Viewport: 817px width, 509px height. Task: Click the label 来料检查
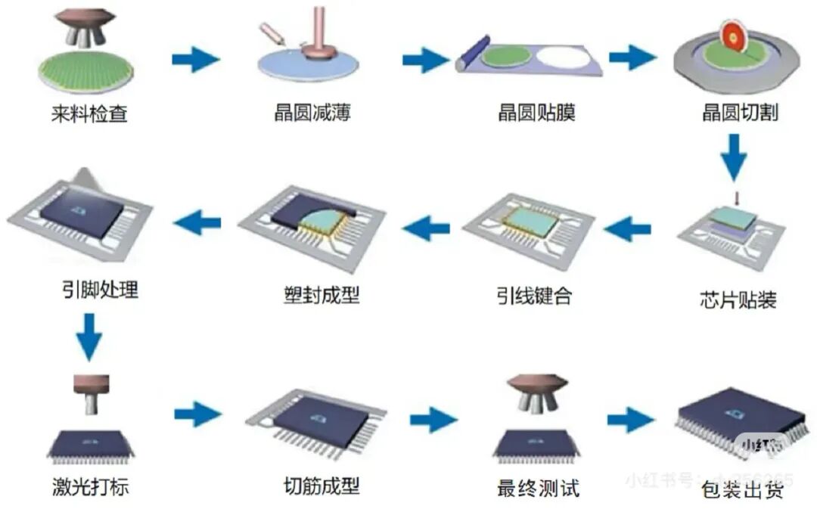click(89, 115)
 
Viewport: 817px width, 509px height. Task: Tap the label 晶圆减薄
click(312, 114)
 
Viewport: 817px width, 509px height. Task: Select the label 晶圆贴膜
click(536, 114)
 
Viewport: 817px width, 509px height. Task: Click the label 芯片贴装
click(738, 300)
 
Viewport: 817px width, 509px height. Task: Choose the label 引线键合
click(533, 295)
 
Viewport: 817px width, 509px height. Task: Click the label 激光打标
click(92, 485)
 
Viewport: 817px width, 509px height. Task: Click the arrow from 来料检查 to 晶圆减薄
click(195, 59)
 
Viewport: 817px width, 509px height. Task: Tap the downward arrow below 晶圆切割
click(732, 157)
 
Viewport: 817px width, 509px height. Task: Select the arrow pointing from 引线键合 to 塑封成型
click(425, 225)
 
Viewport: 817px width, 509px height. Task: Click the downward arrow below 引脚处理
click(89, 335)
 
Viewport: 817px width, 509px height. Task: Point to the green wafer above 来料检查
click(84, 66)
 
